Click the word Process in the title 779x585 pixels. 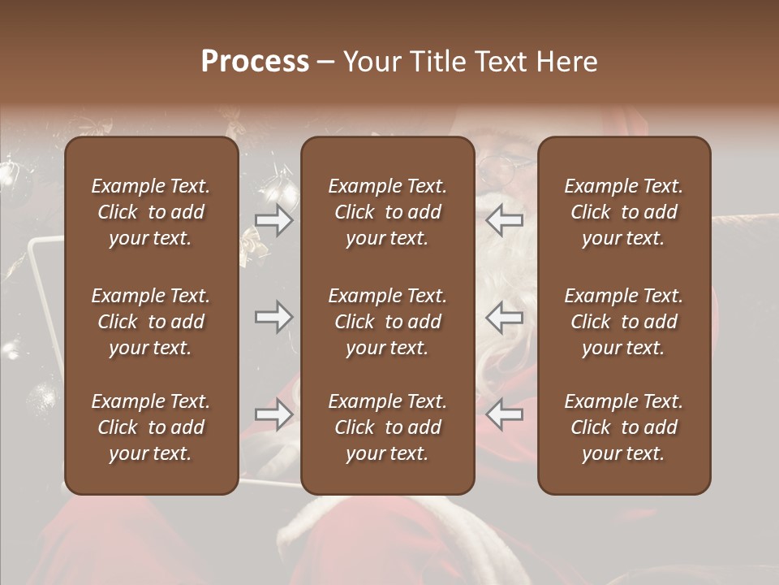(255, 62)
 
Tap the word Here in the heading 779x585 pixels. (567, 62)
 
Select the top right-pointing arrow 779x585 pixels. (274, 219)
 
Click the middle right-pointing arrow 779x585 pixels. (274, 317)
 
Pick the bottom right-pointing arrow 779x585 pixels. (274, 414)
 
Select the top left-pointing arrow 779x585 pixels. (505, 219)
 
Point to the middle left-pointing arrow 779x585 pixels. (505, 317)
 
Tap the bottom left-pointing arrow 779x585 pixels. (505, 414)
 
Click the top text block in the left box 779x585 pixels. (151, 212)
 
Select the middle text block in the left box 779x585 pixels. (151, 322)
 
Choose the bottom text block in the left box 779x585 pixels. (151, 427)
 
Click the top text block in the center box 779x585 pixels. (388, 212)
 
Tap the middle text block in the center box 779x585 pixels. (388, 322)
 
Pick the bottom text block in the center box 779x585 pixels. (388, 427)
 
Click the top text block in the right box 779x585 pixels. (624, 212)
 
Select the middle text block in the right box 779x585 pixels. (624, 322)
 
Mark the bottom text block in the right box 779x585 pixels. (624, 427)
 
